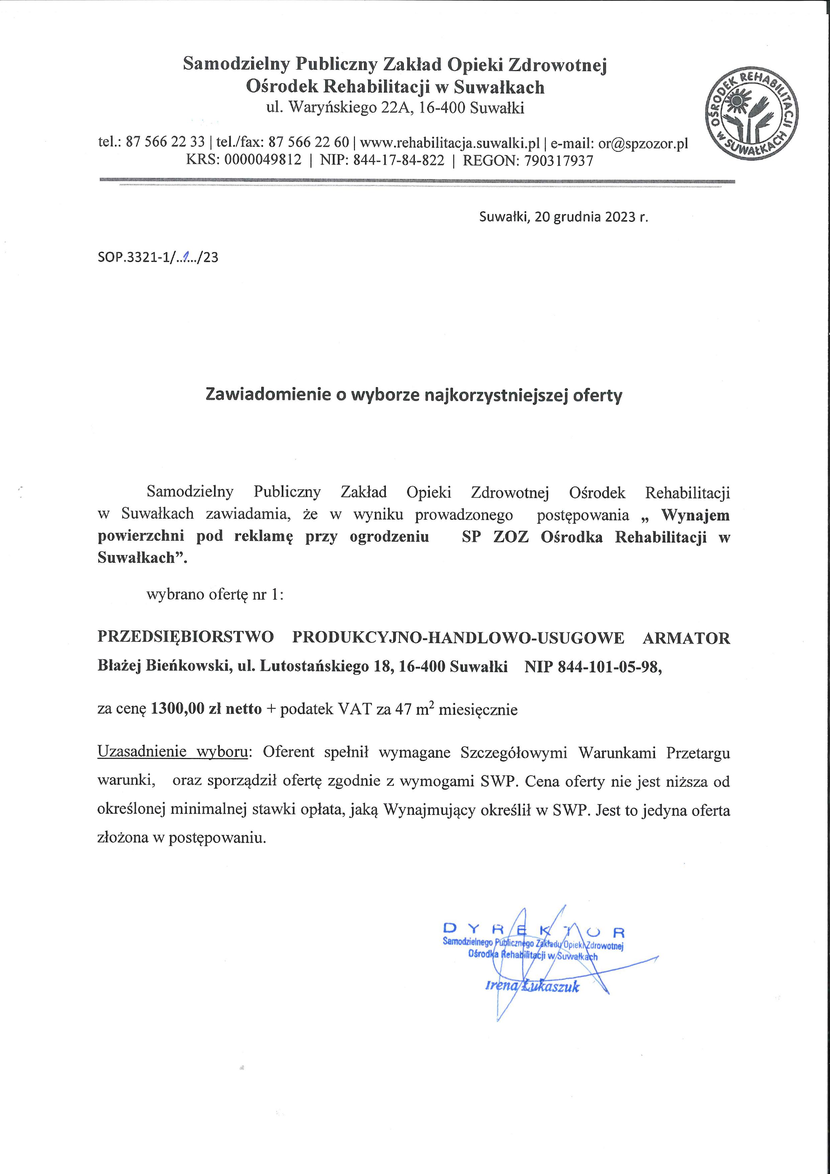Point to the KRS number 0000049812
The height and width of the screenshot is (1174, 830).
pyautogui.click(x=263, y=161)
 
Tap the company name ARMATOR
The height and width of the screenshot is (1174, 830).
pyautogui.click(x=686, y=638)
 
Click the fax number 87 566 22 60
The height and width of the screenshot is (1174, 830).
pyautogui.click(x=309, y=142)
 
